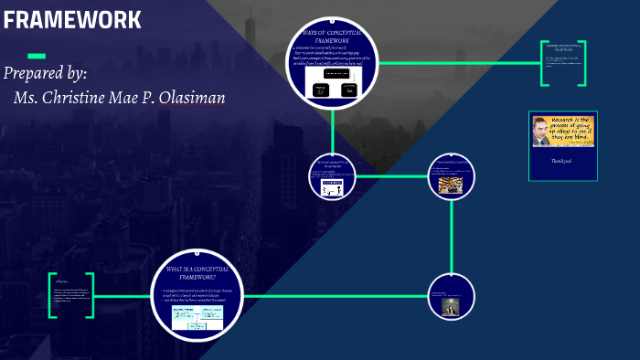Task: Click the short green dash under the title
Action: [37, 56]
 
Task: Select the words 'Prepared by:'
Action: [46, 74]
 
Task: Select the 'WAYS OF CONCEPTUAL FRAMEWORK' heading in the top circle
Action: [332, 37]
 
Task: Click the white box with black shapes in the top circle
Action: [332, 90]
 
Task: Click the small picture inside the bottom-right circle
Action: [450, 309]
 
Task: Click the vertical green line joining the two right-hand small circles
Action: [451, 238]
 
